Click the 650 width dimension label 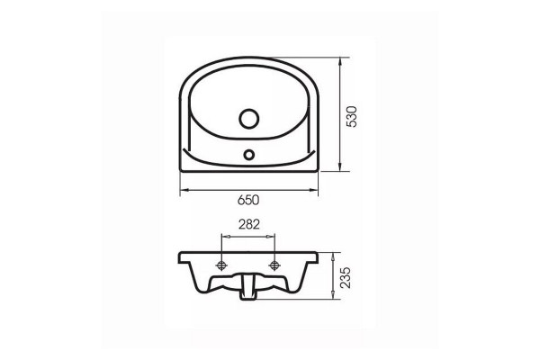(x=248, y=200)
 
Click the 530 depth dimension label (x=352, y=117)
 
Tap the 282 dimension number (x=249, y=224)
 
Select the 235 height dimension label (x=345, y=277)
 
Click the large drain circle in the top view (x=248, y=119)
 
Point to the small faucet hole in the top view (x=248, y=154)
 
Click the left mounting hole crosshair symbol (x=221, y=265)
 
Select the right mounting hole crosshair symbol (x=274, y=265)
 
